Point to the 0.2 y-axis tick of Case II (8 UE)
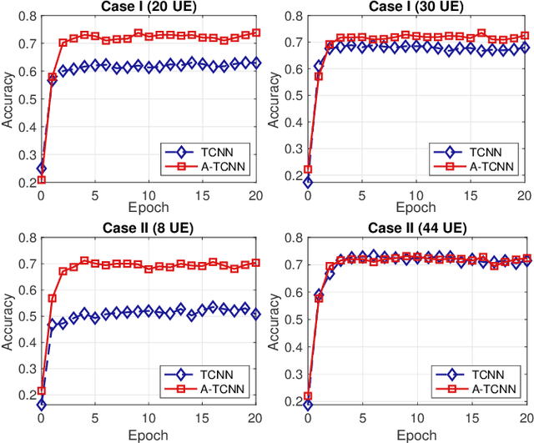(x=27, y=405)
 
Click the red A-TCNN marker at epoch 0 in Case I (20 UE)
(x=41, y=180)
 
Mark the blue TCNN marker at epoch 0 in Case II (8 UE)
(x=41, y=405)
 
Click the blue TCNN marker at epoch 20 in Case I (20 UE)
(x=256, y=63)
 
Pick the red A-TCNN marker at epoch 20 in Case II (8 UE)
(x=256, y=262)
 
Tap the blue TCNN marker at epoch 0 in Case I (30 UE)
(x=308, y=182)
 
